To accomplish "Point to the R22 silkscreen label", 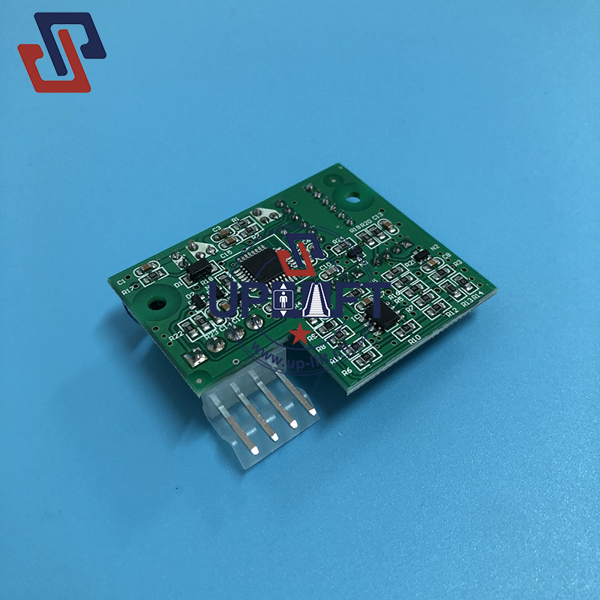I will (175, 337).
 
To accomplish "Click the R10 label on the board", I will (415, 339).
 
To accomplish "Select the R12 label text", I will (452, 313).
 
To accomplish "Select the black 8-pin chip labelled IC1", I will (384, 317).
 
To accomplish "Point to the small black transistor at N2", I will (422, 256).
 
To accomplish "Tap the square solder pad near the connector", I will (200, 359).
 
